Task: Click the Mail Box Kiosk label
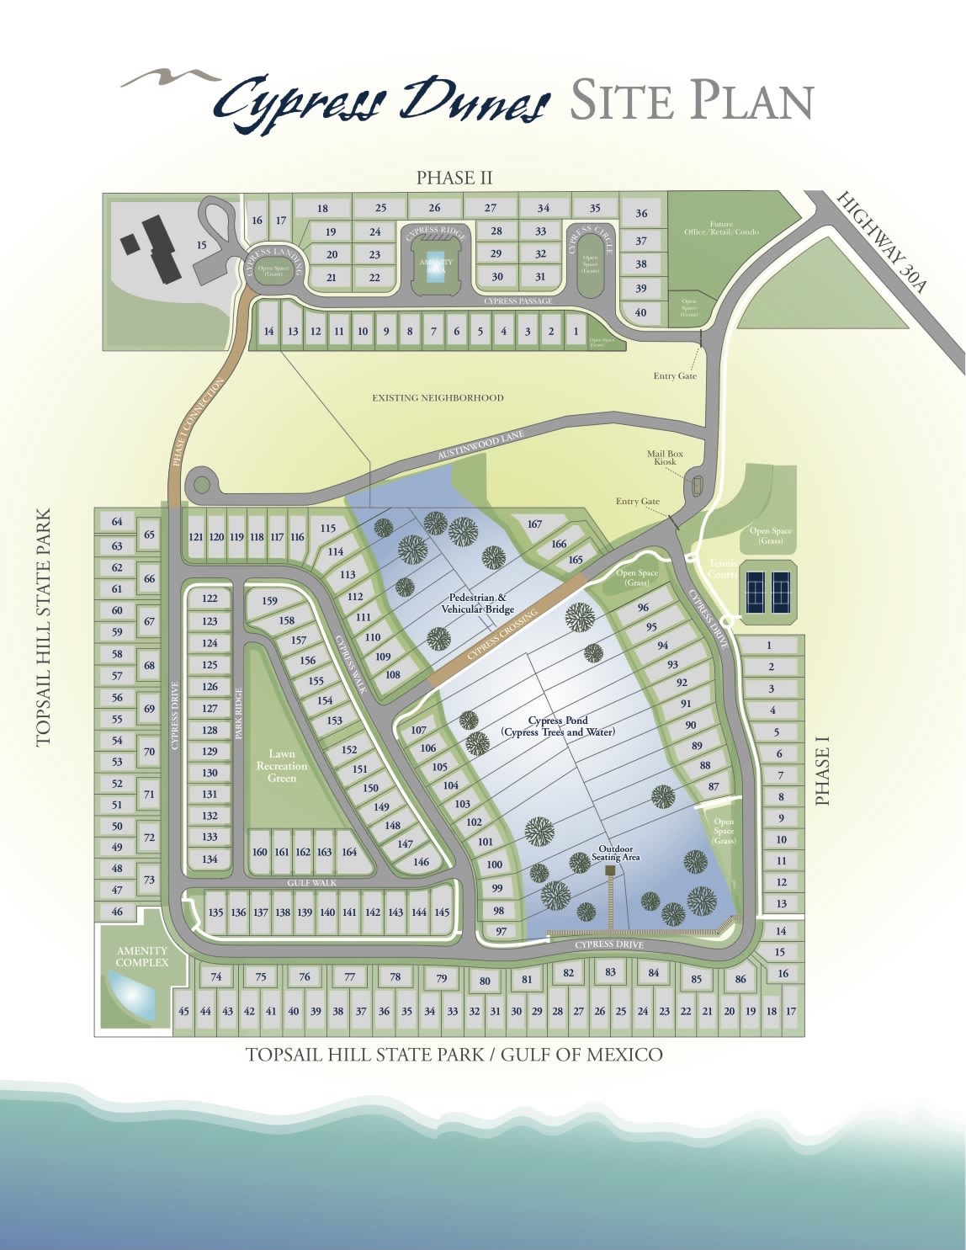coord(665,458)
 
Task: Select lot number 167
coord(534,524)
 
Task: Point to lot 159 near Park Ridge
coord(269,601)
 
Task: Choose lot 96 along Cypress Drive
coord(643,608)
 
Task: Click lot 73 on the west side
coord(149,880)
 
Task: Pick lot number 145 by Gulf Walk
coord(442,912)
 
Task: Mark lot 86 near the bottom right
coord(740,979)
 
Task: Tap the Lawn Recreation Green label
coord(282,766)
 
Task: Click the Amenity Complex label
coord(142,956)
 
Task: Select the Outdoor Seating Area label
coord(616,854)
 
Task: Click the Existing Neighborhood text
coord(438,397)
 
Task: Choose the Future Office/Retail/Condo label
coord(721,227)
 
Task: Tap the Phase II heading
coord(454,178)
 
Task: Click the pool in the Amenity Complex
coord(130,996)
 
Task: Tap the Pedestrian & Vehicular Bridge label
coord(477,604)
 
